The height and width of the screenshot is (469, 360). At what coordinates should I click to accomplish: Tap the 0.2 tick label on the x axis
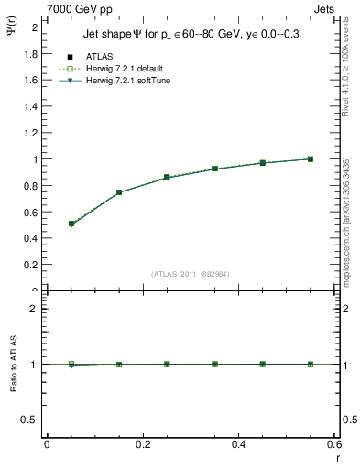coord(142,444)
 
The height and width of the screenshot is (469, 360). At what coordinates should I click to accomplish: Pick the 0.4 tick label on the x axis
coord(238,444)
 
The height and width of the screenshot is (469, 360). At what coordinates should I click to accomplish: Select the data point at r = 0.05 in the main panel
coord(71,224)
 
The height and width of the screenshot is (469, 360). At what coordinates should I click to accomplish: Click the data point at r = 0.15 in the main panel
coord(119,192)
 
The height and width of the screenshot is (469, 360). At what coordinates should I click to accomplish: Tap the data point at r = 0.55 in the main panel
coord(311,158)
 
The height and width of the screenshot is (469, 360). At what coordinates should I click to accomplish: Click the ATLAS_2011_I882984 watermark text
coord(190,273)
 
